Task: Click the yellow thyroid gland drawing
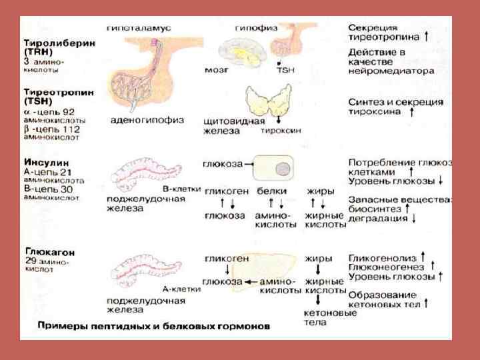(x=273, y=104)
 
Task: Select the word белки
(x=271, y=191)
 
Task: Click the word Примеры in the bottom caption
(x=59, y=327)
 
